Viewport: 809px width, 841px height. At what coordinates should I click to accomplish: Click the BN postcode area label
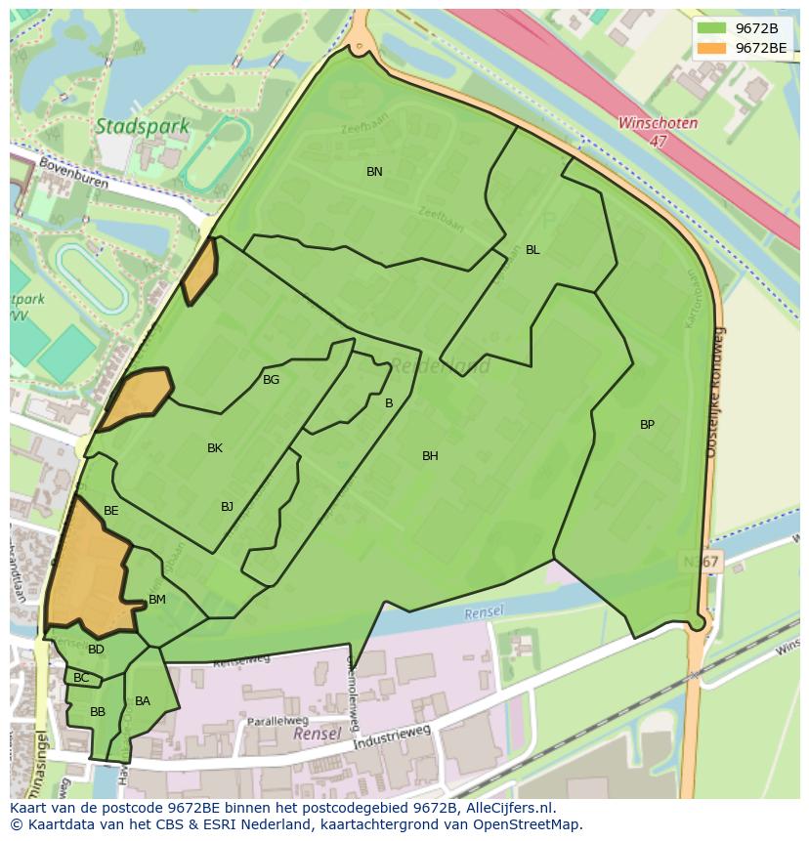click(x=374, y=172)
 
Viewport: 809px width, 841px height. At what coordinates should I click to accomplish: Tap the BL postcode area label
click(x=532, y=250)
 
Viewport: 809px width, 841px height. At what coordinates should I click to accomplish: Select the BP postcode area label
click(x=647, y=425)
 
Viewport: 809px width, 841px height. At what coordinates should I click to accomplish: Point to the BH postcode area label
click(x=430, y=456)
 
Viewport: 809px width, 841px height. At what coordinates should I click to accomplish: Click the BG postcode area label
click(x=271, y=380)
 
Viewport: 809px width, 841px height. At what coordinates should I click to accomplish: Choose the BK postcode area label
click(x=215, y=448)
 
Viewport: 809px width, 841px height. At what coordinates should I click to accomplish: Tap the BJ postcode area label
click(x=227, y=506)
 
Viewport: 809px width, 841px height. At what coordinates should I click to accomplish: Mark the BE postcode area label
click(x=111, y=511)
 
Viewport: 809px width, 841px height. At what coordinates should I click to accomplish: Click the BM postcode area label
click(x=157, y=600)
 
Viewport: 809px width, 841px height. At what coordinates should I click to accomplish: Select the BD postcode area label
click(x=96, y=650)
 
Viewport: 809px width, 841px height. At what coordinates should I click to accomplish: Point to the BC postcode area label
click(x=81, y=678)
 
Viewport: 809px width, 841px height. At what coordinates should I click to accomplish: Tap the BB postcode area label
click(x=98, y=712)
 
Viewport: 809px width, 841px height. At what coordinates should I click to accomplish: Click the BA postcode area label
click(x=143, y=701)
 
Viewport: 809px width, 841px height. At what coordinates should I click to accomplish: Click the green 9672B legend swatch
click(x=712, y=28)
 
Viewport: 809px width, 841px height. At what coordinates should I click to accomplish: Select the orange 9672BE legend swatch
click(x=712, y=47)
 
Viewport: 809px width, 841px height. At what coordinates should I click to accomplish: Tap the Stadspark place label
click(x=129, y=126)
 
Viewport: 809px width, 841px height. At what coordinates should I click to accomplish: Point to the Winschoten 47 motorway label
click(x=657, y=132)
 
